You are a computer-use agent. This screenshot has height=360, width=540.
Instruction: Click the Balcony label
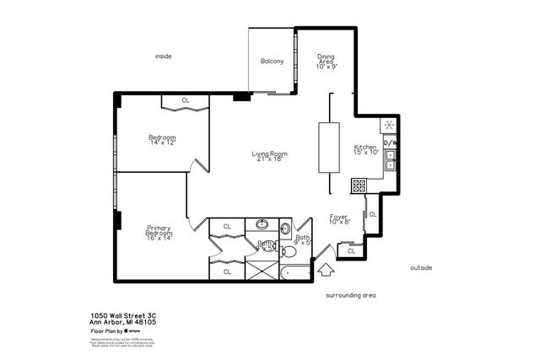[x=271, y=61]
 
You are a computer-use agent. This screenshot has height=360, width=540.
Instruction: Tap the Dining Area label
[x=326, y=61]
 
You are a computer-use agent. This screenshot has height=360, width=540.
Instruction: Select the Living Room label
[x=270, y=154]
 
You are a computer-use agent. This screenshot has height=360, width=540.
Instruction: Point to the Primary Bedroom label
[x=159, y=232]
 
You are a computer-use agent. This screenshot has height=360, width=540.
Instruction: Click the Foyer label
[x=338, y=219]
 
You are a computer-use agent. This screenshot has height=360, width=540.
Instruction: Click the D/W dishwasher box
[x=391, y=143]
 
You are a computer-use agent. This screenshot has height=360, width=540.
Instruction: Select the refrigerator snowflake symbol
[x=389, y=125]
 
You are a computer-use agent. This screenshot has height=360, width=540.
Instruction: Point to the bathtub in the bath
[x=295, y=272]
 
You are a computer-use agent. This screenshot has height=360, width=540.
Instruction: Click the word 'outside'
[x=421, y=267]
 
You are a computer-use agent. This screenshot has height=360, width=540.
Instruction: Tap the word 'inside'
[x=163, y=56]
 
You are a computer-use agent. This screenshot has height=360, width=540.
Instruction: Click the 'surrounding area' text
[x=350, y=296]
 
